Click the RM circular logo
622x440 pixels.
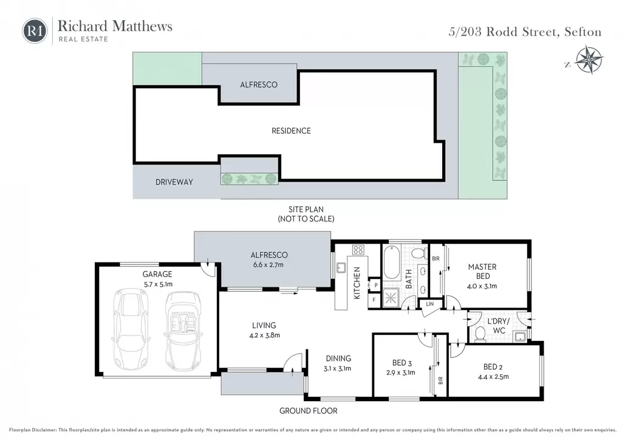tap(35, 31)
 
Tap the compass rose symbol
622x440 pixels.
tap(589, 60)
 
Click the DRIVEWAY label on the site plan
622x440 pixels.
tap(174, 182)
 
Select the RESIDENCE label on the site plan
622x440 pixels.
tap(291, 131)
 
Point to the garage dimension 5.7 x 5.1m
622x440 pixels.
tap(158, 284)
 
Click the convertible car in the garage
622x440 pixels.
tap(182, 331)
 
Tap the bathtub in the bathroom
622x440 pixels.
tap(392, 263)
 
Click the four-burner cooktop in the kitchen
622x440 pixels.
tap(358, 250)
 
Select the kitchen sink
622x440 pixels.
tap(341, 268)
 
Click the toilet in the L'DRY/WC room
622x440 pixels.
tap(480, 334)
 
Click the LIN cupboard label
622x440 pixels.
tap(430, 304)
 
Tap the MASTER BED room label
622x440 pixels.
tap(482, 272)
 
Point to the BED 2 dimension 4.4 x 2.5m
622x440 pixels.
tap(493, 377)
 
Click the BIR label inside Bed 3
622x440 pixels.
tap(440, 380)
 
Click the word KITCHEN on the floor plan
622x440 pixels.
tap(357, 283)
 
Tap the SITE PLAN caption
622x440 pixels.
tap(306, 209)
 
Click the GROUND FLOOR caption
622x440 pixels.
tap(308, 411)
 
